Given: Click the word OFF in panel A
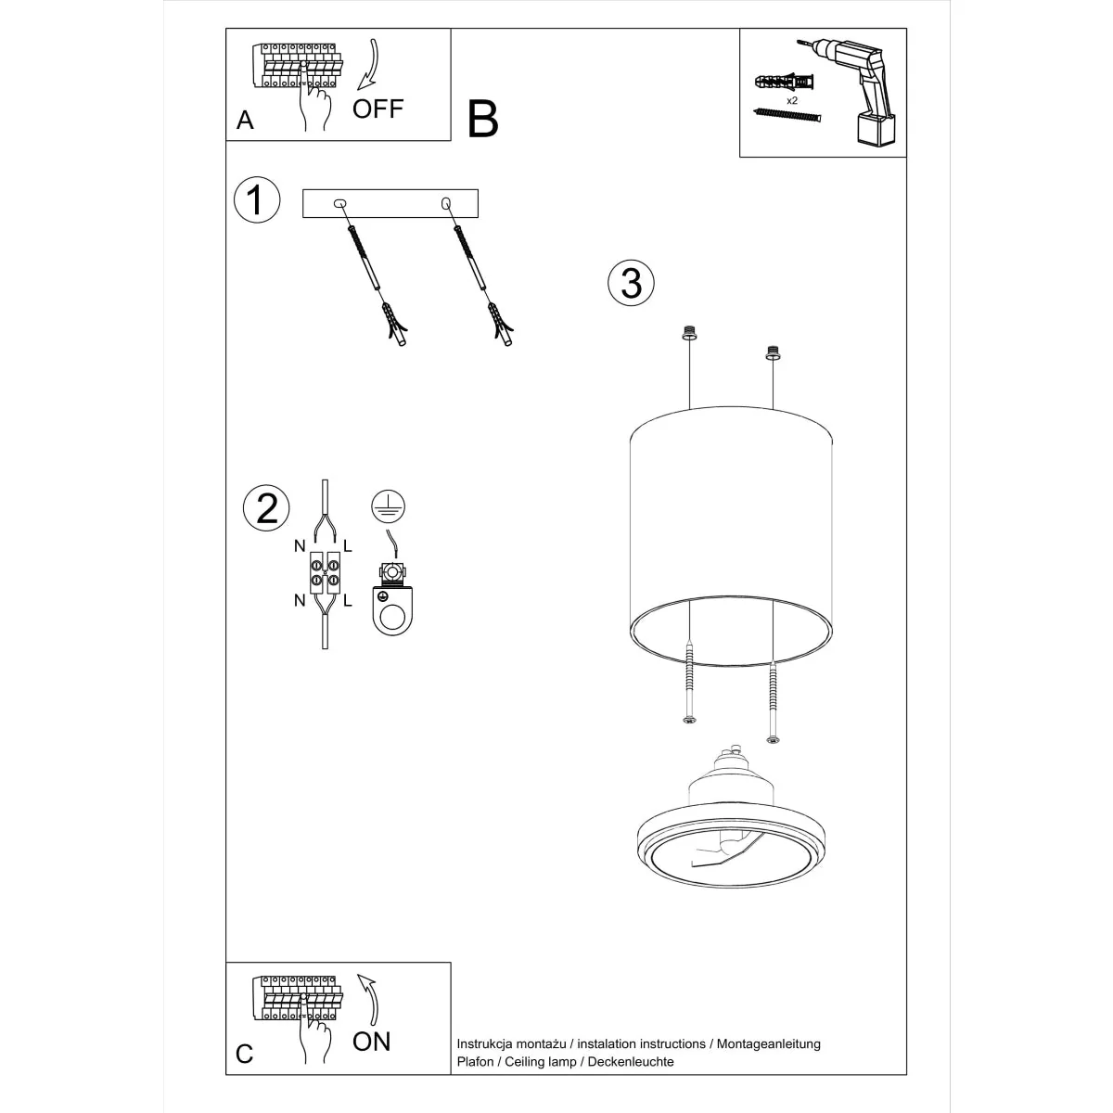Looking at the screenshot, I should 377,109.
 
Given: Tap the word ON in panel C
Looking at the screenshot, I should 372,1041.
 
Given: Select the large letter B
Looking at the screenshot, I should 483,119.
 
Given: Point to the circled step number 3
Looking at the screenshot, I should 631,283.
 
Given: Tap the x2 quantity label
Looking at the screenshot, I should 792,99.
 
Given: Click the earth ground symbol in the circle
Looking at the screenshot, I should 388,505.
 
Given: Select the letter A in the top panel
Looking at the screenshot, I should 245,120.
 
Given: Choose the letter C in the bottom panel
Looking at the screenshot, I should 245,1054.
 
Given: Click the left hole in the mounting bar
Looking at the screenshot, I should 339,202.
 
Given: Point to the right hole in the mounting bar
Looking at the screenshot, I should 446,202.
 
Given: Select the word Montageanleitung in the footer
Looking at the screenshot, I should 767,1043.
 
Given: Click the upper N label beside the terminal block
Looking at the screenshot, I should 300,546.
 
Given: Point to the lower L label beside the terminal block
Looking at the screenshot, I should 348,600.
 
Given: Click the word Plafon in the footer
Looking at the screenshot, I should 477,1061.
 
